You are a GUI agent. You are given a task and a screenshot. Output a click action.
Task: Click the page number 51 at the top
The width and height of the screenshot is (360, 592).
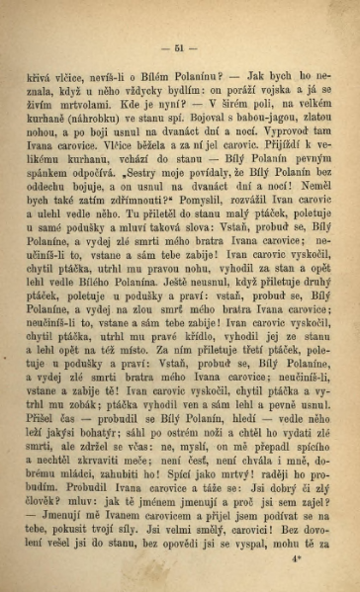pos(179,48)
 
